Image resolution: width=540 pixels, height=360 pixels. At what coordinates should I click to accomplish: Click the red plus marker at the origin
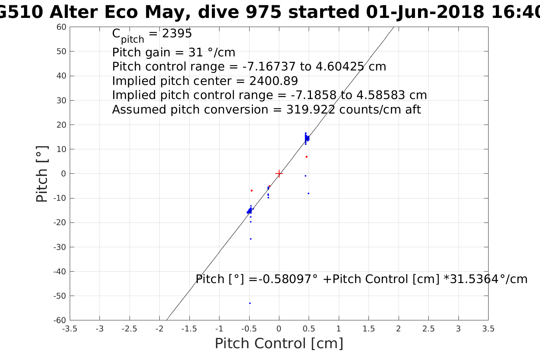(x=279, y=174)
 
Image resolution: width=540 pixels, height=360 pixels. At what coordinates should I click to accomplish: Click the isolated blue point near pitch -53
(x=250, y=303)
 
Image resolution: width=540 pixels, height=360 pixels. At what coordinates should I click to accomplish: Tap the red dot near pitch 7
(x=306, y=157)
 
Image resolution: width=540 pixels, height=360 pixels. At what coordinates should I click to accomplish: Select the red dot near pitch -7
(x=252, y=190)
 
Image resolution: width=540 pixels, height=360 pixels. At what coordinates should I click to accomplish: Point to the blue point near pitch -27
(x=250, y=239)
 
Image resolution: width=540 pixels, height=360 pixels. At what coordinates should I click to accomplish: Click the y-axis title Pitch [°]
(x=42, y=174)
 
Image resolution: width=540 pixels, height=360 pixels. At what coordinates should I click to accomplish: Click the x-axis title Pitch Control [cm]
(x=279, y=344)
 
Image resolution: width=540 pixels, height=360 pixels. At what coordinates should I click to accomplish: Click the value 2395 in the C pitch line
(x=177, y=34)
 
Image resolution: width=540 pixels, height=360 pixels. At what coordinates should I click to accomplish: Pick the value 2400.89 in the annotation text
(x=274, y=81)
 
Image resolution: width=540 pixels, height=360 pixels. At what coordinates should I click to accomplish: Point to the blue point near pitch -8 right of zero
(x=308, y=194)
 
